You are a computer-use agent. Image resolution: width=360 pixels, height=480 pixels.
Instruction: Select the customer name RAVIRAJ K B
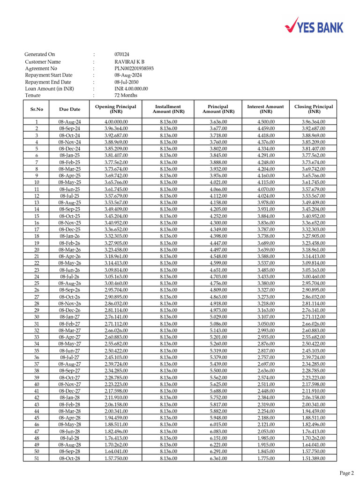pos(129,62)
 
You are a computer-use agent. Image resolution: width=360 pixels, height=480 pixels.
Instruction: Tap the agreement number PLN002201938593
pos(134,68)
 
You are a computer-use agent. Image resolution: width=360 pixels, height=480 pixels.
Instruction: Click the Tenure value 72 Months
pos(126,95)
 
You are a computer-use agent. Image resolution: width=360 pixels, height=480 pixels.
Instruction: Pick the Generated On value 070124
pos(122,54)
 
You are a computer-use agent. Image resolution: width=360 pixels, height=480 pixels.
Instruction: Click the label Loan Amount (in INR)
pos(49,89)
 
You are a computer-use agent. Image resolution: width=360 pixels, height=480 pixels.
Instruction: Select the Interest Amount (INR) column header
pos(265,109)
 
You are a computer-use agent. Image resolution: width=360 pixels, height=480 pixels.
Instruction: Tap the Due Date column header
pos(70,109)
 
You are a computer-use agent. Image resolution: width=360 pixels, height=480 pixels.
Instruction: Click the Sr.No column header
pos(37,109)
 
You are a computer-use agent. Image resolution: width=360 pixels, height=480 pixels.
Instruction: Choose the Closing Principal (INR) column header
pos(314,109)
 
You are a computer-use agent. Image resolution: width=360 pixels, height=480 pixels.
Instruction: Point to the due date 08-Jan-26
pos(70,236)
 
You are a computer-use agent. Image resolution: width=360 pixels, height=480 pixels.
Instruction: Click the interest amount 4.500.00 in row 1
pos(266,122)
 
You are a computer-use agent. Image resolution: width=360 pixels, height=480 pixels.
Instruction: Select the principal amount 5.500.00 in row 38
pos(218,371)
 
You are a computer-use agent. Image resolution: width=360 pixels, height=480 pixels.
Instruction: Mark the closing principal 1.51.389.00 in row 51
pos(314,458)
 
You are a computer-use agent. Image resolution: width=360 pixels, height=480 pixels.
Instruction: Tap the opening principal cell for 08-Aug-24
pos(116,122)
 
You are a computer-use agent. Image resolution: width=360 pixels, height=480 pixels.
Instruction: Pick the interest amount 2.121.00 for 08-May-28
pos(266,425)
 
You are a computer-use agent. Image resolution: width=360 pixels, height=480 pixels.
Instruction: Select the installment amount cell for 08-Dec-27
pos(168,391)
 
